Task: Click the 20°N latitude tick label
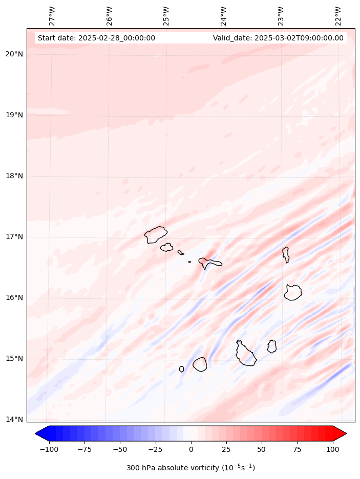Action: point(14,54)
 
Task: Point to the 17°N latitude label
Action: point(14,237)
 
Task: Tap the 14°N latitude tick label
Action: point(14,420)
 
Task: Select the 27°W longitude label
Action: point(52,16)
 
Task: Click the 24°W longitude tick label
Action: point(223,16)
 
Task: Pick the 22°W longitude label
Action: point(338,16)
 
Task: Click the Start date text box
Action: point(96,38)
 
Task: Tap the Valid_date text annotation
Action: point(278,38)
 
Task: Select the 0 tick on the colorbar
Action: point(191,449)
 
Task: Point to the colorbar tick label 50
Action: point(262,449)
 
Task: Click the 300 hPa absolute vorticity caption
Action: point(190,468)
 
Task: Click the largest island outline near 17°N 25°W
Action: point(155,235)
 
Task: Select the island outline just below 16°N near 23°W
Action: point(293,292)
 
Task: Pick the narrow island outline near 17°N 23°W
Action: point(286,254)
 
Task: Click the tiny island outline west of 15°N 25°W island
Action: point(181,369)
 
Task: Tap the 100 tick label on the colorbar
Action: point(332,449)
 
